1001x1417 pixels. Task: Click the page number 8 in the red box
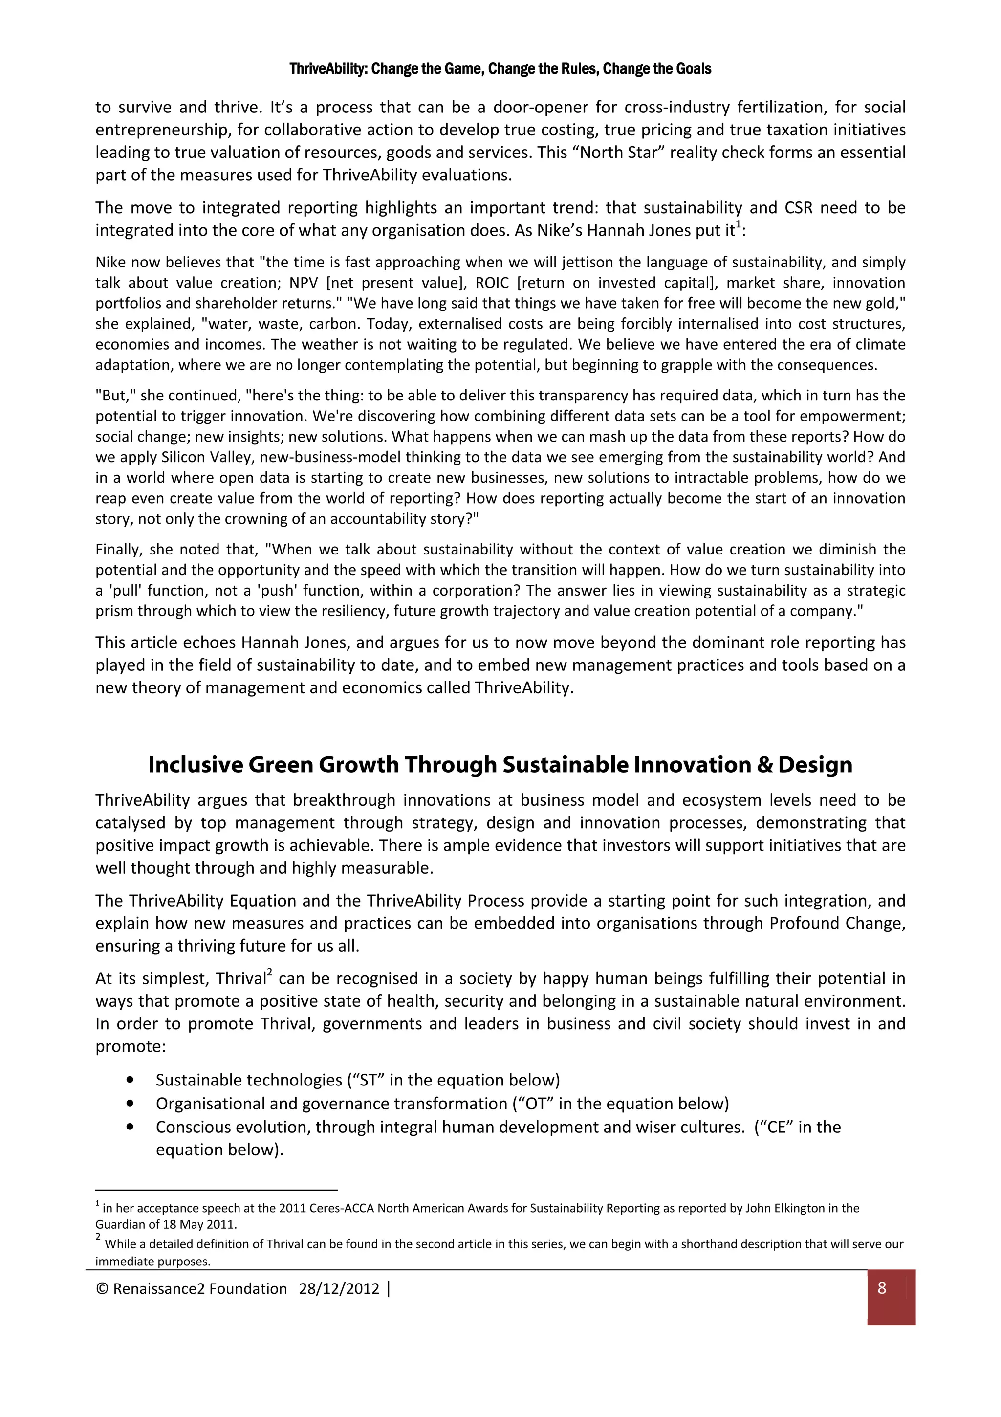[881, 1288]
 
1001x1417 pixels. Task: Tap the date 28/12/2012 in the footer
[339, 1288]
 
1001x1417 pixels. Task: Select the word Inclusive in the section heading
[196, 765]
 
